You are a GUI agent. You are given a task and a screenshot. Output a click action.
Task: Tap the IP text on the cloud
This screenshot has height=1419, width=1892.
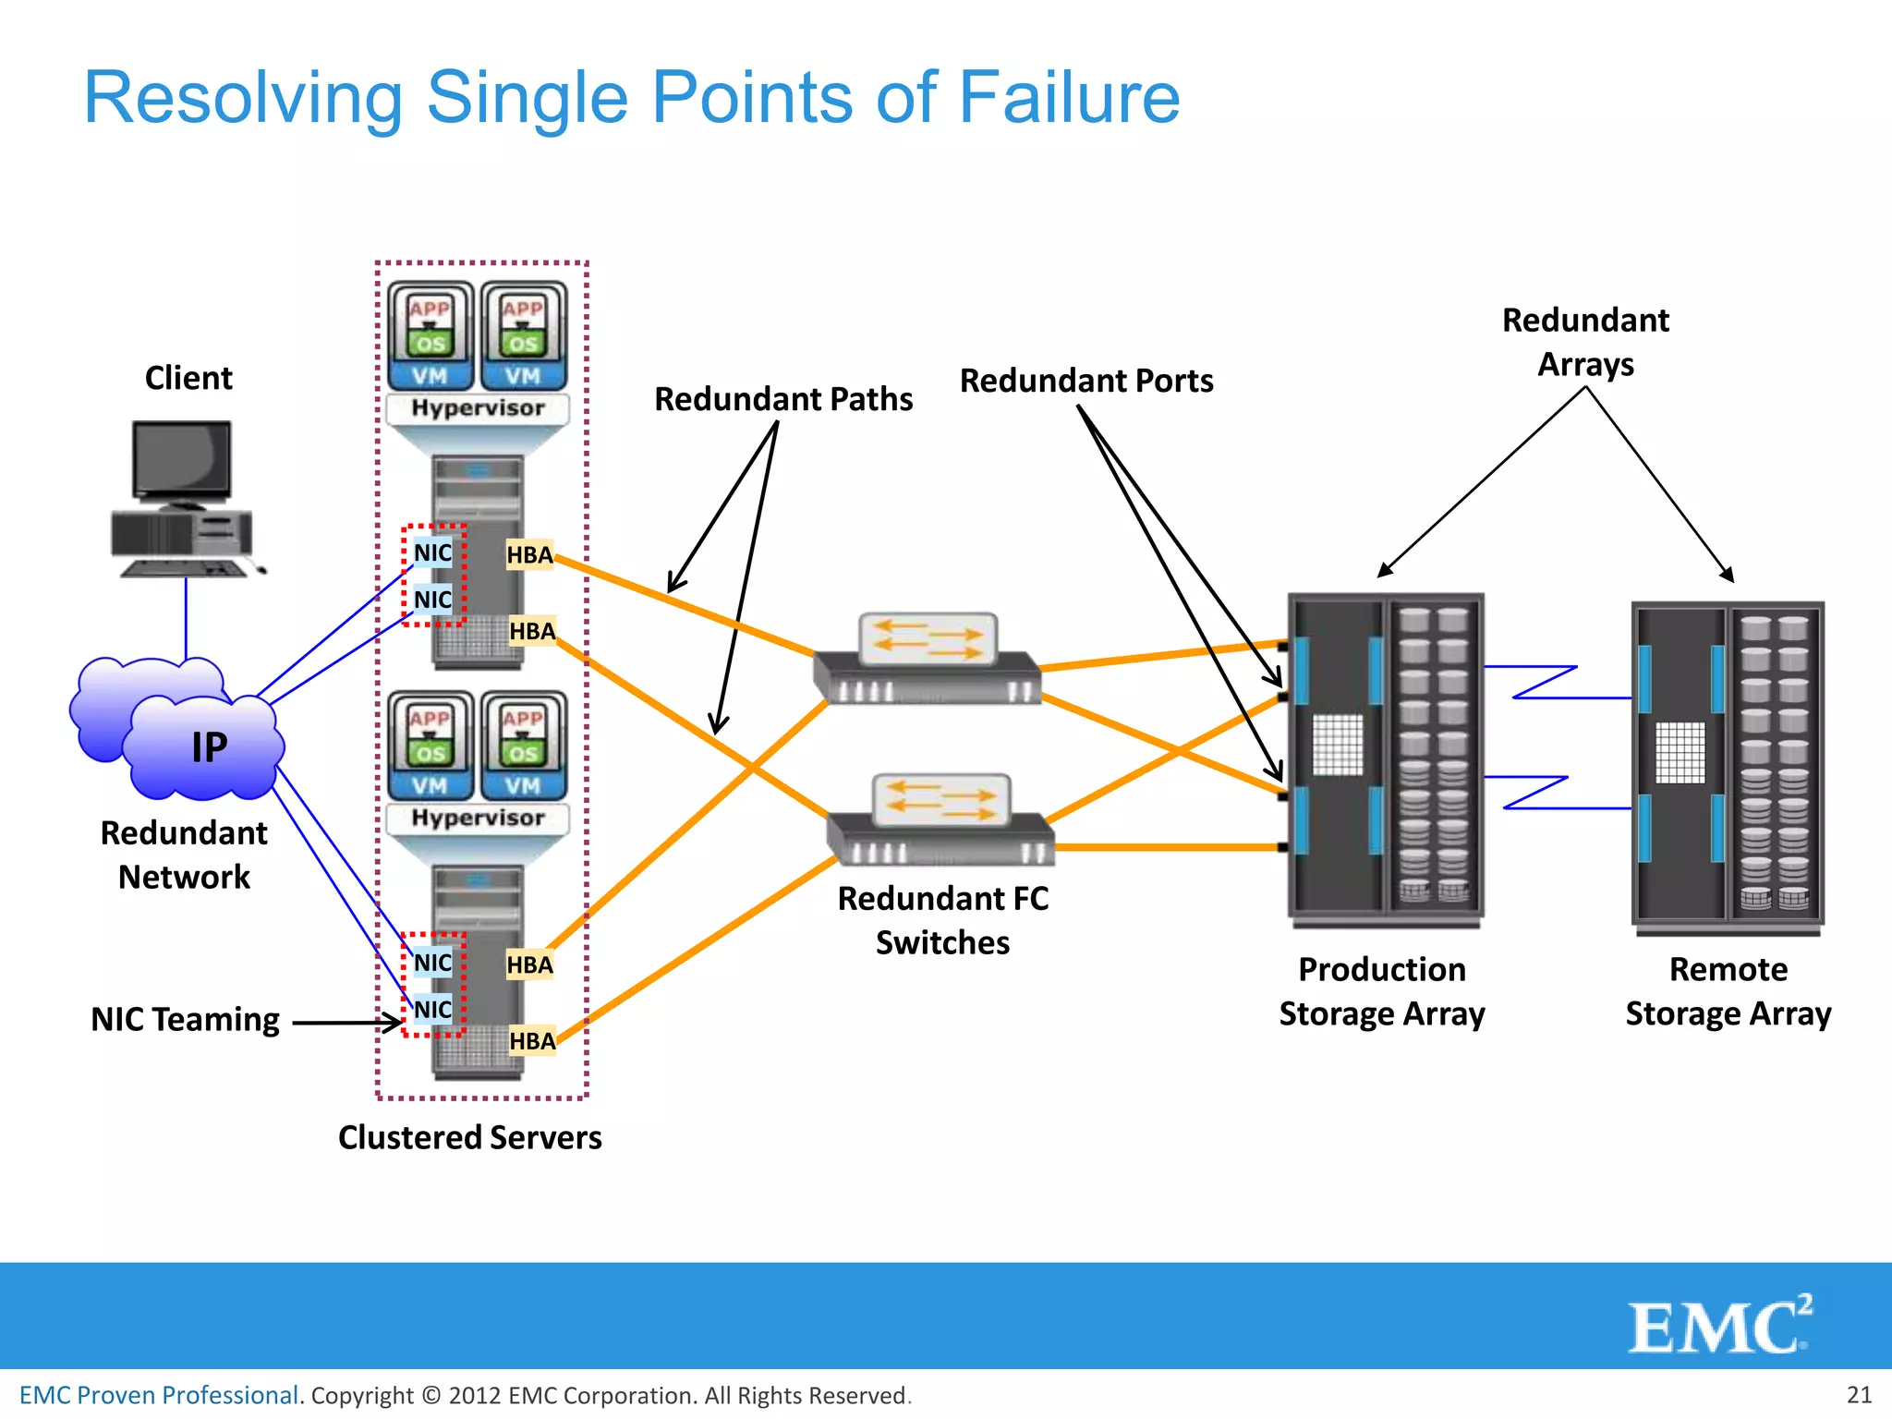pyautogui.click(x=210, y=747)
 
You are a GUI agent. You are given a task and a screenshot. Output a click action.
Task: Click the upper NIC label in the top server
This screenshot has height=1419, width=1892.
pyautogui.click(x=432, y=553)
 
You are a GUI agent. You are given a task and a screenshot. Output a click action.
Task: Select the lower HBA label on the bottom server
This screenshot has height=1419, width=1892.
pyautogui.click(x=532, y=1041)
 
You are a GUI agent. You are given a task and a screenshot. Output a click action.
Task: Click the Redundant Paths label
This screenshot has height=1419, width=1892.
pyautogui.click(x=782, y=399)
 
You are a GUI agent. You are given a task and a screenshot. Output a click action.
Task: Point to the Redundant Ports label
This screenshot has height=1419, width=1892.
pyautogui.click(x=1085, y=381)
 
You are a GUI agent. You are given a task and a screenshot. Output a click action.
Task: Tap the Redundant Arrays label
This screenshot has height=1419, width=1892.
pyautogui.click(x=1585, y=342)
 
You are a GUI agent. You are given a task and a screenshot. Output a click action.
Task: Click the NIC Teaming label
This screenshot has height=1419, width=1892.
pyautogui.click(x=185, y=1019)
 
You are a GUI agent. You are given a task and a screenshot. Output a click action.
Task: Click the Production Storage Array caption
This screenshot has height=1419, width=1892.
pyautogui.click(x=1381, y=991)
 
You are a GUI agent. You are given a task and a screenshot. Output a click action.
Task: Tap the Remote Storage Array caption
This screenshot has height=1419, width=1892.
pyautogui.click(x=1728, y=991)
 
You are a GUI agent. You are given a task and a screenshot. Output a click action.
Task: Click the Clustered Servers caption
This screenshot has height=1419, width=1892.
pyautogui.click(x=469, y=1137)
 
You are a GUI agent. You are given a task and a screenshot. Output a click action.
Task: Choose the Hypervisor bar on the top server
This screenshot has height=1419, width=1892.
pyautogui.click(x=478, y=408)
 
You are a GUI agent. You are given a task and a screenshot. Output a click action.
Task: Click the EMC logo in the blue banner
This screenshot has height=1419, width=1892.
pyautogui.click(x=1718, y=1326)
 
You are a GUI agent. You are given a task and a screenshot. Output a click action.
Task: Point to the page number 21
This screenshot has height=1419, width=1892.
pyautogui.click(x=1859, y=1394)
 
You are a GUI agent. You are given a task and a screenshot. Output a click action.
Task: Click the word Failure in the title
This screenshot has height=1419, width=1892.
pyautogui.click(x=1069, y=98)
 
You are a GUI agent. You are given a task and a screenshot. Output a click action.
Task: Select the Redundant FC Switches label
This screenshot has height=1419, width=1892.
pyautogui.click(x=942, y=920)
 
